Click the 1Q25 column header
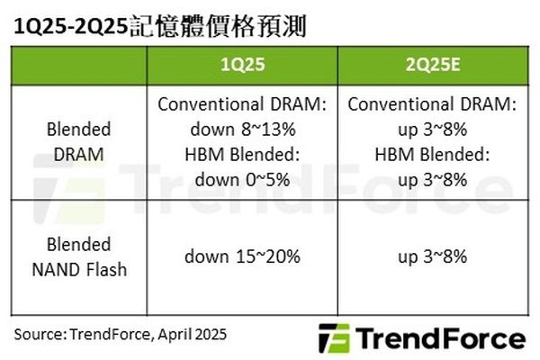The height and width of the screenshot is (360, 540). pyautogui.click(x=242, y=65)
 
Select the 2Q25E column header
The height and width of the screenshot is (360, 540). pyautogui.click(x=433, y=65)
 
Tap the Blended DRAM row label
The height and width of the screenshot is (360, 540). pyautogui.click(x=79, y=141)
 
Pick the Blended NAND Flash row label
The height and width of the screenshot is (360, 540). pyautogui.click(x=79, y=256)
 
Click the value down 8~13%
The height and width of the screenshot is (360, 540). pyautogui.click(x=243, y=130)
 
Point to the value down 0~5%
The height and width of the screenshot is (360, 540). pyautogui.click(x=242, y=179)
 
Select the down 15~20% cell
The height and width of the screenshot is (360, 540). pyautogui.click(x=242, y=256)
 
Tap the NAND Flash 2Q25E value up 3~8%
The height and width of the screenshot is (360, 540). pyautogui.click(x=433, y=256)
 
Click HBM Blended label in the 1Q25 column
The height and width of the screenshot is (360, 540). pyautogui.click(x=242, y=154)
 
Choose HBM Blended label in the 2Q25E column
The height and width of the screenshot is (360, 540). pyautogui.click(x=433, y=154)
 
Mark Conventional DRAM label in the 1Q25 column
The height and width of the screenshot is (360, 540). pyautogui.click(x=242, y=104)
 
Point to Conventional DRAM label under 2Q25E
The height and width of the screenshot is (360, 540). pyautogui.click(x=432, y=104)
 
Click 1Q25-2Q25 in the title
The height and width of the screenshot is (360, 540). pyautogui.click(x=71, y=26)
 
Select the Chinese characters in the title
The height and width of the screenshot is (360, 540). pyautogui.click(x=218, y=26)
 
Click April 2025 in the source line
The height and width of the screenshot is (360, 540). pyautogui.click(x=193, y=335)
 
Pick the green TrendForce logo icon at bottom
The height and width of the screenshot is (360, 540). pyautogui.click(x=333, y=338)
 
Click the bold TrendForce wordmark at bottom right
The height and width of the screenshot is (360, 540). pyautogui.click(x=440, y=338)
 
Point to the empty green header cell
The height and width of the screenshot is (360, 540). pyautogui.click(x=79, y=66)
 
